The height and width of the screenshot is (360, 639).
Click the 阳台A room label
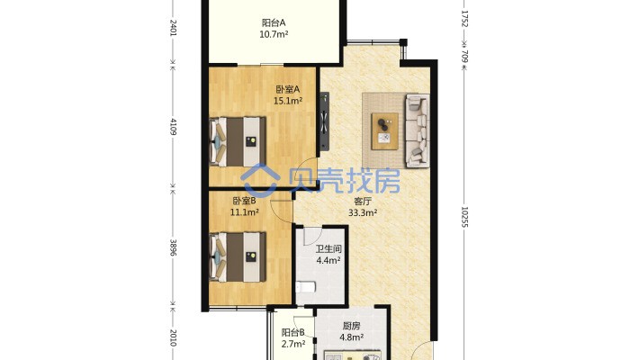tap(274, 22)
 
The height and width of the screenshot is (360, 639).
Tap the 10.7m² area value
tap(274, 34)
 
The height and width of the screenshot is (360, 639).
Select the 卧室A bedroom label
tap(288, 89)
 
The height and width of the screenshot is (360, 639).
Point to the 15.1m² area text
tap(288, 101)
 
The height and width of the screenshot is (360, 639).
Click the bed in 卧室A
tap(238, 142)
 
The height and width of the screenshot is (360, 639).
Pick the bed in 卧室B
tap(238, 256)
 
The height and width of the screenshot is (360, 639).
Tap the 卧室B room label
tap(244, 201)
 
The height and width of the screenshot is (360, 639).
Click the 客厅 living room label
tap(363, 201)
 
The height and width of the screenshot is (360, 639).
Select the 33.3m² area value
tap(363, 212)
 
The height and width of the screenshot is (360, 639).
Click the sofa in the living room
tap(417, 130)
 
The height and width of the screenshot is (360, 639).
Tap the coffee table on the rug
tap(384, 131)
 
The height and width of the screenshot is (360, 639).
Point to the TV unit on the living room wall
tap(324, 121)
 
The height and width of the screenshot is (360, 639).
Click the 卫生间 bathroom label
tap(328, 248)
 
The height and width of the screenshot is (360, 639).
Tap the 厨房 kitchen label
tap(352, 326)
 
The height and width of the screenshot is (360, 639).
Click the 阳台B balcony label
tap(293, 333)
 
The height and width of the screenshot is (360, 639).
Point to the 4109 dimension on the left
tap(173, 127)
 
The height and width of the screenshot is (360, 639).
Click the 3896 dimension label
tap(173, 247)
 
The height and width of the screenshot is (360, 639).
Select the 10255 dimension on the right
tap(464, 217)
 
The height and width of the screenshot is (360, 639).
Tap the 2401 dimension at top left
tap(173, 28)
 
